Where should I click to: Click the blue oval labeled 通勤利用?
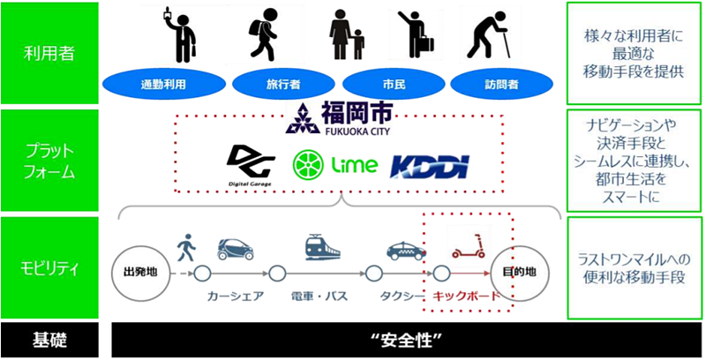click(x=164, y=84)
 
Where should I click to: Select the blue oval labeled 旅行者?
click(x=283, y=84)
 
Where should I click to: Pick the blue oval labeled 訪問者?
click(x=501, y=84)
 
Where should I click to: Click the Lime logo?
click(x=335, y=165)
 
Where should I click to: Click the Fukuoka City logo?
click(x=339, y=118)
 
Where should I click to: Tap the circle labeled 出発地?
click(x=141, y=273)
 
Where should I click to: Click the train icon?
click(x=322, y=247)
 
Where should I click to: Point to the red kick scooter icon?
click(x=469, y=245)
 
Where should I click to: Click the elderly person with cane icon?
click(x=488, y=38)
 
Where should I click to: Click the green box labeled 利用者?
click(x=49, y=53)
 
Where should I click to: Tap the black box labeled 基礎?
click(x=49, y=341)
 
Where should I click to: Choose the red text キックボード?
click(x=467, y=296)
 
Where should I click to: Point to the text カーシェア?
click(x=235, y=296)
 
